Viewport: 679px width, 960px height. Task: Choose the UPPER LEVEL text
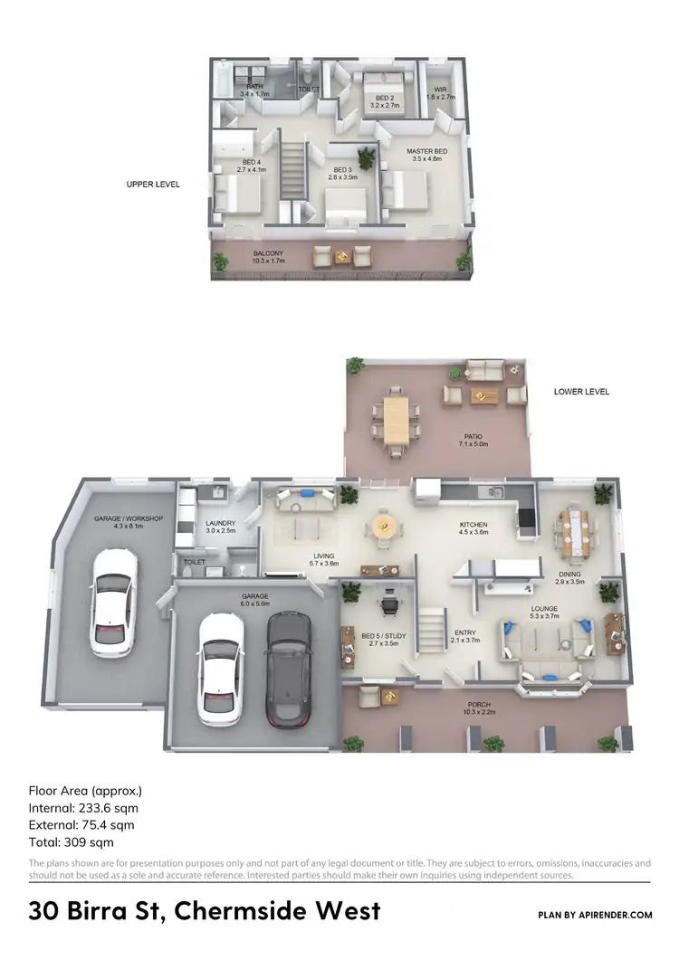pos(153,185)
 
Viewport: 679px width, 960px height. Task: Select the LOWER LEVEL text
pos(581,392)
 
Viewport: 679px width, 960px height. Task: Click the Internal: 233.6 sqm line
pos(83,808)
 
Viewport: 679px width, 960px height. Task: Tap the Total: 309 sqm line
pos(72,841)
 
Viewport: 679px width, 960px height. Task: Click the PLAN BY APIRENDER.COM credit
pos(595,915)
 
